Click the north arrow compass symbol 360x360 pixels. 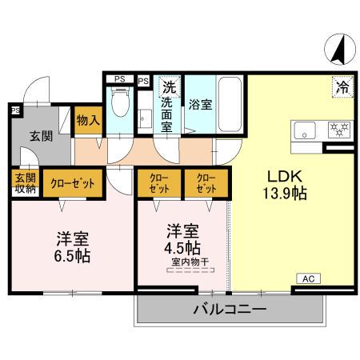tap(336, 50)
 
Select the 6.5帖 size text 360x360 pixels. tap(72, 256)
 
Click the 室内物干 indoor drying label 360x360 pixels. tap(186, 262)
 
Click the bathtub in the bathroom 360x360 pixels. tap(232, 104)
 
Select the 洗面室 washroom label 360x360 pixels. tap(169, 114)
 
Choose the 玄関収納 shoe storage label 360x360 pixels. tap(23, 183)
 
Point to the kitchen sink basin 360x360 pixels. tap(306, 130)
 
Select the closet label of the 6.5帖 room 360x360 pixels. tap(73, 183)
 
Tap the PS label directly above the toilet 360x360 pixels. tap(119, 78)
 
